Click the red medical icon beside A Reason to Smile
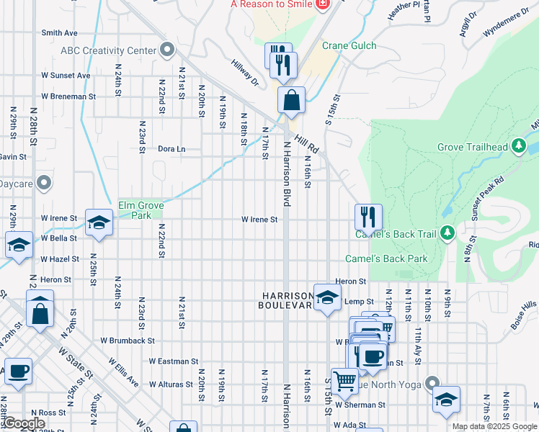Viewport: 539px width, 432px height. (x=323, y=4)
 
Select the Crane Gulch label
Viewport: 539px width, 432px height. (x=349, y=45)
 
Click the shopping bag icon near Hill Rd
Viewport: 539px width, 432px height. (x=291, y=101)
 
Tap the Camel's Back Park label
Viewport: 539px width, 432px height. (x=386, y=258)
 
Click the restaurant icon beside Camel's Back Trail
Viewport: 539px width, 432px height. (x=367, y=216)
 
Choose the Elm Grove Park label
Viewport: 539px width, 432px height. (x=141, y=210)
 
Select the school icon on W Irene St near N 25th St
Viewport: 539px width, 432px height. (x=99, y=222)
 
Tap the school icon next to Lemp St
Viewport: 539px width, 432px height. (x=327, y=297)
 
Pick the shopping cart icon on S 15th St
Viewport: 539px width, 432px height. (x=344, y=379)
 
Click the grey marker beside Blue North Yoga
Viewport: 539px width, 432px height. (x=432, y=383)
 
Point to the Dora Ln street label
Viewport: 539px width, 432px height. (x=171, y=149)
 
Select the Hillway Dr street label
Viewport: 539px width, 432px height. (x=244, y=72)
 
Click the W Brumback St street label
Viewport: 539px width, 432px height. (x=128, y=341)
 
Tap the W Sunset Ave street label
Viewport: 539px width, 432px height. (x=66, y=75)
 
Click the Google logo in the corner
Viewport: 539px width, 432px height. (x=24, y=424)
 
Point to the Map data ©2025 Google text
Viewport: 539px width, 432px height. (x=494, y=426)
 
